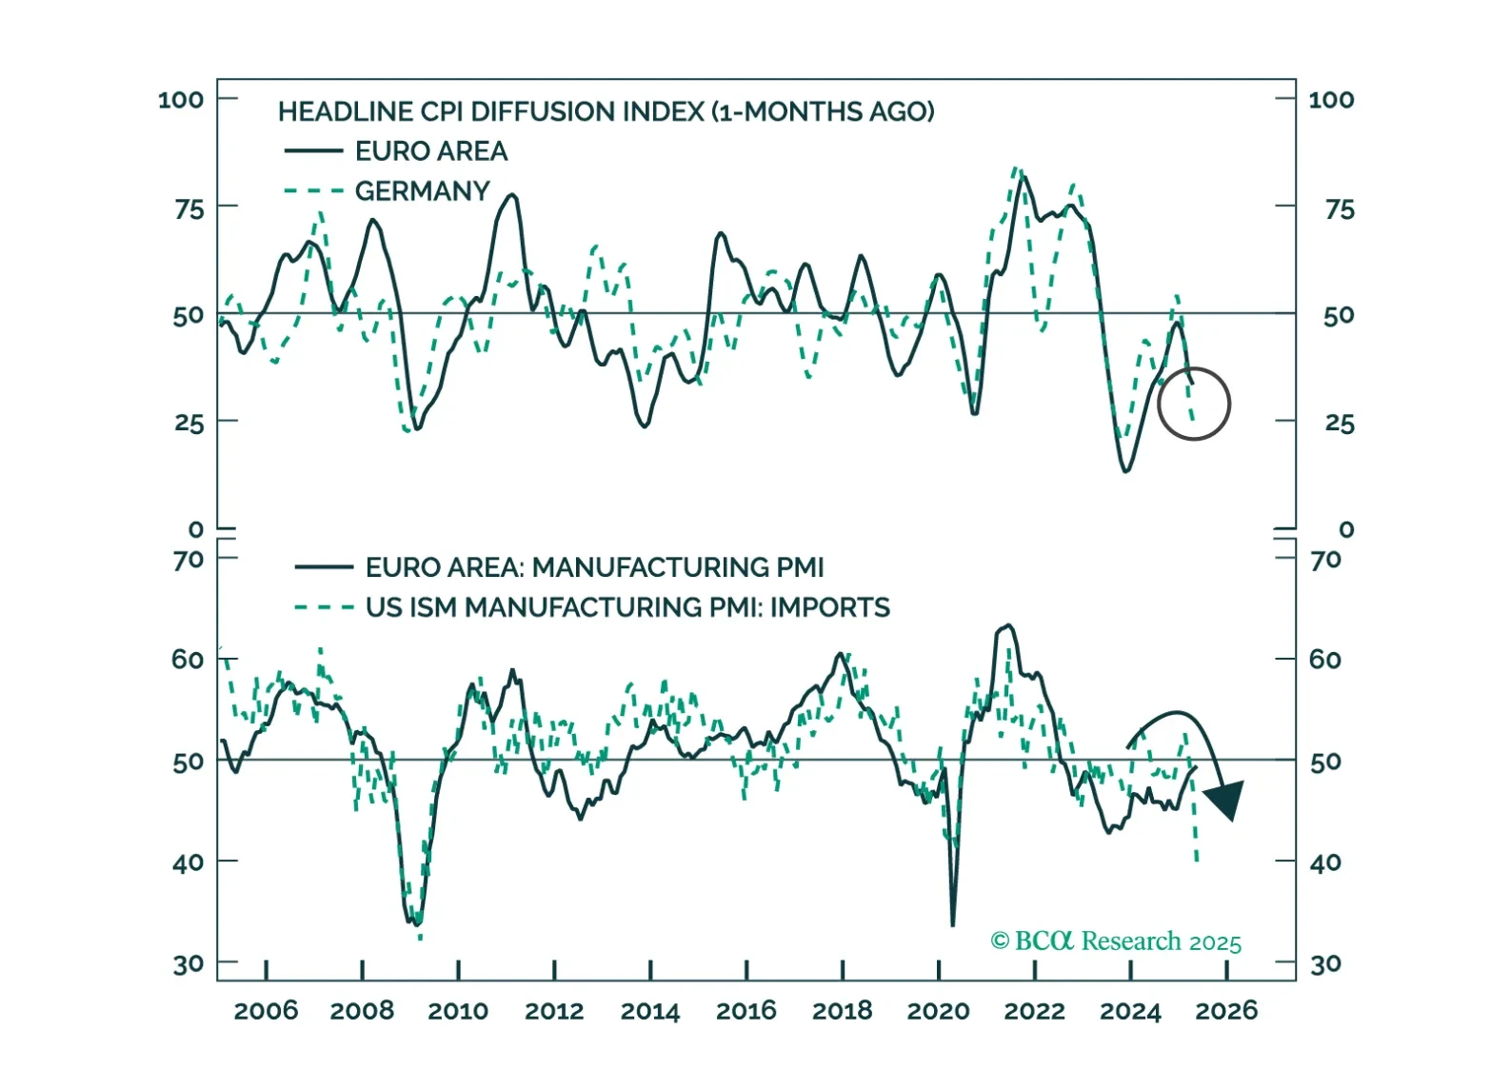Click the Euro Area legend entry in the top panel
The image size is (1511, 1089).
[x=430, y=151]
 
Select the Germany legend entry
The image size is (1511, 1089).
[x=422, y=191]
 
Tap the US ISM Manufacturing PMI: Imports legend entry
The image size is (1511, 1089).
[x=627, y=607]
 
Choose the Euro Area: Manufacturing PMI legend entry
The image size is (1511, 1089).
[x=594, y=567]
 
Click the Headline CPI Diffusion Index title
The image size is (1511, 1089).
[x=606, y=111]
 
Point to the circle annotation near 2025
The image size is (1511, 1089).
[x=1194, y=404]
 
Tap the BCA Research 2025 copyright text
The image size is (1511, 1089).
[x=1116, y=941]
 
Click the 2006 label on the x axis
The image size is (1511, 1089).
[x=266, y=1011]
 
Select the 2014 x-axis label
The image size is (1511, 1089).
[x=650, y=1011]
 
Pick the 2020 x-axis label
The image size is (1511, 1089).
[x=938, y=1011]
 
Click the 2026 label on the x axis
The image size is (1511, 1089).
[x=1226, y=1011]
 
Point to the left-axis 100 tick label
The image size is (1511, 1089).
[x=181, y=100]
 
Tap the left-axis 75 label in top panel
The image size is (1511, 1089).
[x=189, y=209]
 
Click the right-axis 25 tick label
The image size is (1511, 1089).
[x=1339, y=424]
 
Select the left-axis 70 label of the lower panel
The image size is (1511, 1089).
[x=189, y=560]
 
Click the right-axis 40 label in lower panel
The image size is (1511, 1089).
[x=1325, y=862]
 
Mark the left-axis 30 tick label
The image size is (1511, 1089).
[x=189, y=964]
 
